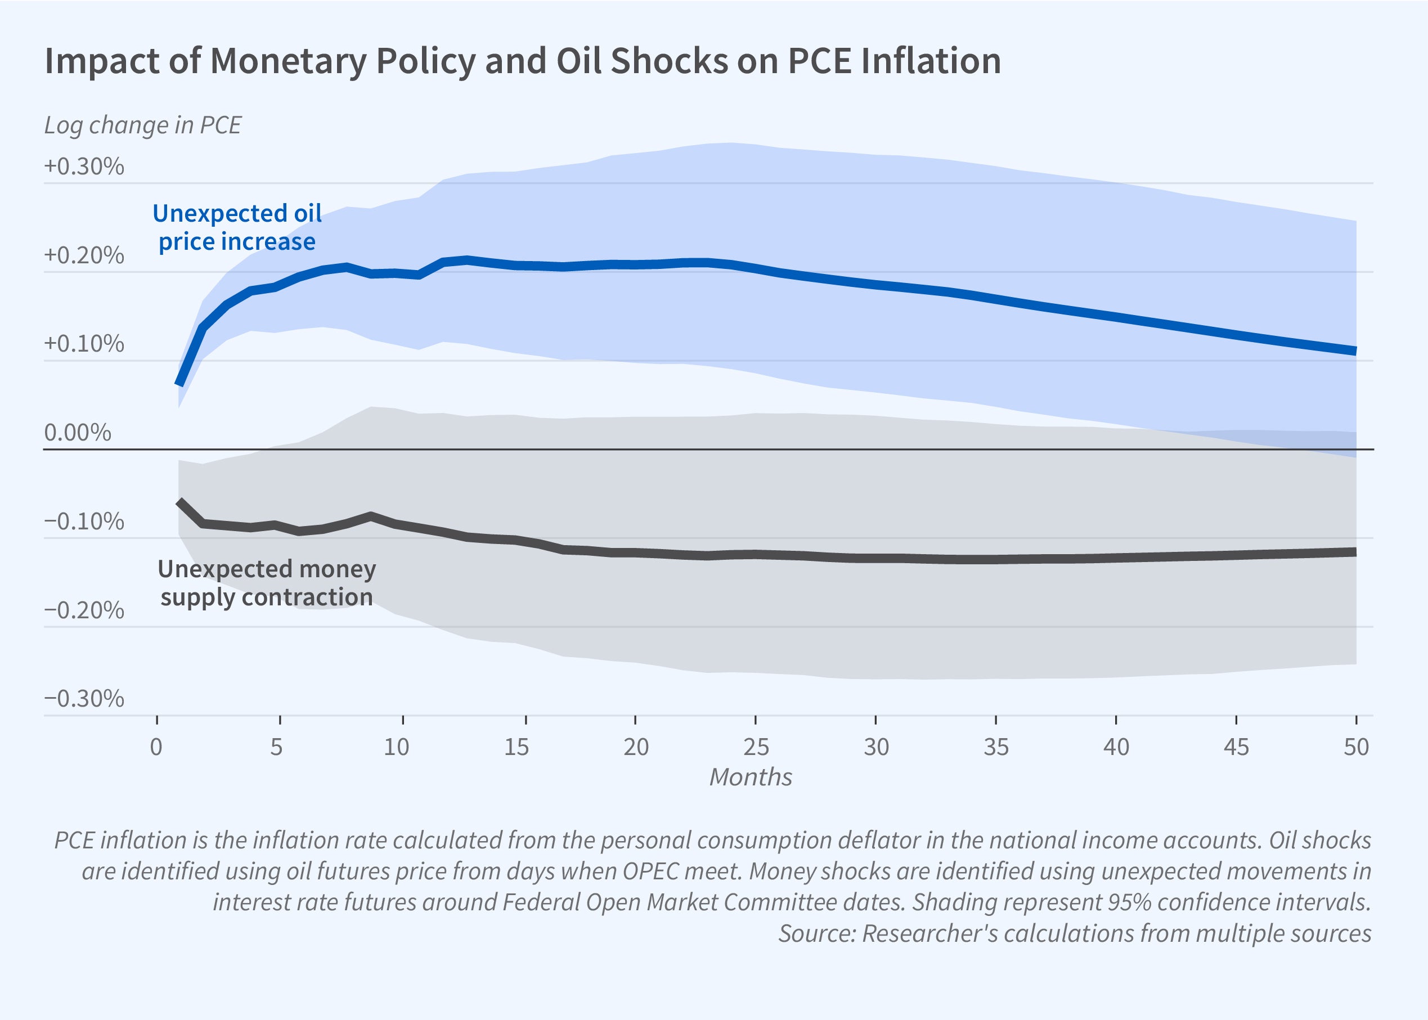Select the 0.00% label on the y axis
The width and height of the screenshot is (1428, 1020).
(x=78, y=433)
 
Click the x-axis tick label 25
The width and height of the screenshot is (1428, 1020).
(x=756, y=747)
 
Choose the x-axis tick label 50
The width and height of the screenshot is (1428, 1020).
(x=1356, y=747)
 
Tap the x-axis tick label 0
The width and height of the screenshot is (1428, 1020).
(x=156, y=747)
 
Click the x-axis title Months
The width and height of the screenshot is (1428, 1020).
(x=751, y=778)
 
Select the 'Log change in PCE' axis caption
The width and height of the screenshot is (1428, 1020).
(x=142, y=125)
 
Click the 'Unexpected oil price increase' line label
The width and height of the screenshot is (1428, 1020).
(x=237, y=227)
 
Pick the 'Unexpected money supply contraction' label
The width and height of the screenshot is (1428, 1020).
(x=267, y=582)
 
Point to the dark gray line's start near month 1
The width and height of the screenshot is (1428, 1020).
(x=179, y=502)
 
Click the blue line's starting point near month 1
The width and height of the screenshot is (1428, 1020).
(x=179, y=383)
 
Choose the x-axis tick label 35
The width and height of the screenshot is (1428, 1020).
(x=996, y=747)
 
